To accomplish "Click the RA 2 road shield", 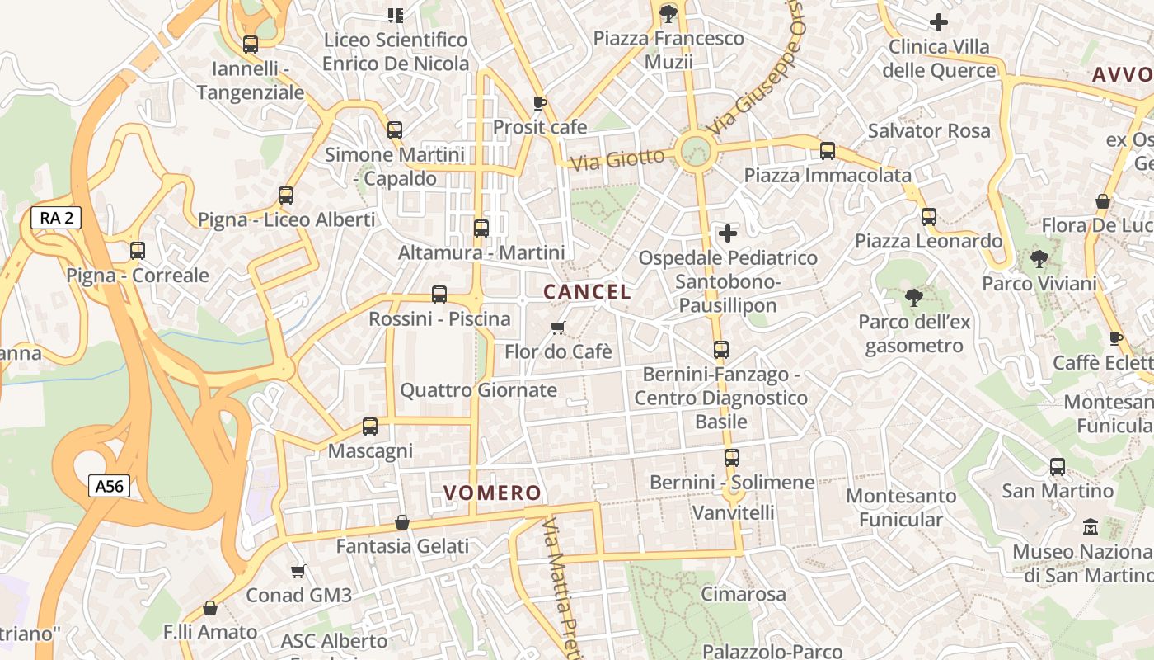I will pyautogui.click(x=56, y=218).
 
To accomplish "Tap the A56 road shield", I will pyautogui.click(x=109, y=486).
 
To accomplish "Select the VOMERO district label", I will pyautogui.click(x=492, y=493).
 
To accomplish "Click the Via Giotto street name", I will pyautogui.click(x=617, y=158).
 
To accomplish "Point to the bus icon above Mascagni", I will pyautogui.click(x=370, y=427).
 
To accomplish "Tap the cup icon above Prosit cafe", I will pyautogui.click(x=539, y=103).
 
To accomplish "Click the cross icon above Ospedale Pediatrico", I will pyautogui.click(x=727, y=233).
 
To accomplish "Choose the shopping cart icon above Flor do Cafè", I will pyautogui.click(x=558, y=328).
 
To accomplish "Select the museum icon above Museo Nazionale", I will pyautogui.click(x=1091, y=526).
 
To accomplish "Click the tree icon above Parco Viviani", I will pyautogui.click(x=1039, y=259).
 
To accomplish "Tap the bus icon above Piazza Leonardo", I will pyautogui.click(x=929, y=217).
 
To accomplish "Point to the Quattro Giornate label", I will pyautogui.click(x=478, y=390).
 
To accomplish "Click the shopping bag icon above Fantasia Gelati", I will pyautogui.click(x=402, y=522).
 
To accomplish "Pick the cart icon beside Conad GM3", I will pyautogui.click(x=298, y=571).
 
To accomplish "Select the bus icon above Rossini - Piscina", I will pyautogui.click(x=439, y=295).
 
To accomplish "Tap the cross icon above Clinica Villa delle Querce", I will pyautogui.click(x=938, y=22).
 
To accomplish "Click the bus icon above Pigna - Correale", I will pyautogui.click(x=138, y=251).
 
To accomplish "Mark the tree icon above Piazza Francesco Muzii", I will pyautogui.click(x=668, y=13).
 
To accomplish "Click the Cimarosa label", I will pyautogui.click(x=744, y=594).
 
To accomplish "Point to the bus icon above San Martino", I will pyautogui.click(x=1058, y=467).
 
